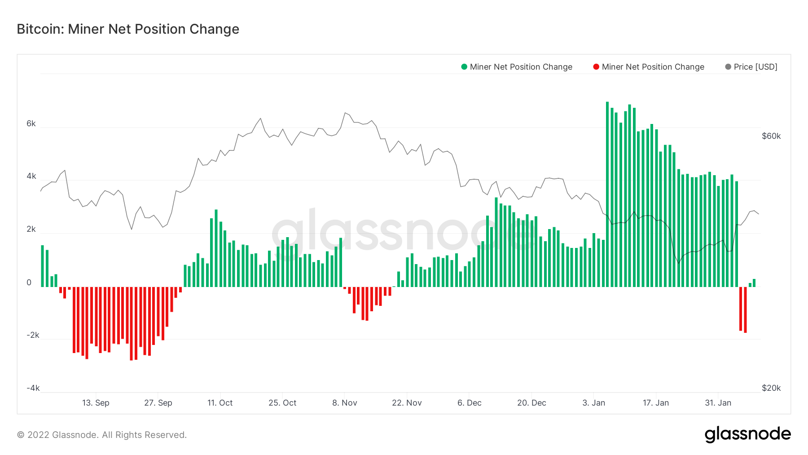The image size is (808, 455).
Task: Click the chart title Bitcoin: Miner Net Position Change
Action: (x=128, y=29)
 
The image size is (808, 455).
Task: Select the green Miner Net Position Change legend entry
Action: (x=517, y=67)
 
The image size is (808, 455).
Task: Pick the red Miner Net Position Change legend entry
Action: (x=649, y=67)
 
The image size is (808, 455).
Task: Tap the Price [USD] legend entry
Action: (x=751, y=67)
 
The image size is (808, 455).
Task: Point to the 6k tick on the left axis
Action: (x=31, y=124)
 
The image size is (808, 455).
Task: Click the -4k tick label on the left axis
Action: (x=33, y=388)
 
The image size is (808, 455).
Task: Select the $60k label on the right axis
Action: (x=771, y=136)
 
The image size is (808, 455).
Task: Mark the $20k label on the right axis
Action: (x=771, y=388)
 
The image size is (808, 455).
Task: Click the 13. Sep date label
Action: (x=96, y=403)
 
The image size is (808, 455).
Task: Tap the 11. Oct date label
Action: (x=220, y=403)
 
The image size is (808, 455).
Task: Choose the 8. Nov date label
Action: (x=345, y=403)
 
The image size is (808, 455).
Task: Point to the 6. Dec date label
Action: (x=470, y=403)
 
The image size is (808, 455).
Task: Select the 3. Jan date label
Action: (x=594, y=403)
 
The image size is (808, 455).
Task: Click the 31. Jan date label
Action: (x=718, y=403)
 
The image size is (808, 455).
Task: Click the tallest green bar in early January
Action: (x=607, y=193)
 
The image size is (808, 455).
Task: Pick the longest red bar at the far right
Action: (x=745, y=310)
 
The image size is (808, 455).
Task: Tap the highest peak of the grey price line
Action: (x=345, y=113)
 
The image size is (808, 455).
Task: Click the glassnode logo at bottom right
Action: (x=747, y=434)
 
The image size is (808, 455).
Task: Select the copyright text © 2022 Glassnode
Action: (x=102, y=435)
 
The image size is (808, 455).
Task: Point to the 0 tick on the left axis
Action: (x=29, y=283)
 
